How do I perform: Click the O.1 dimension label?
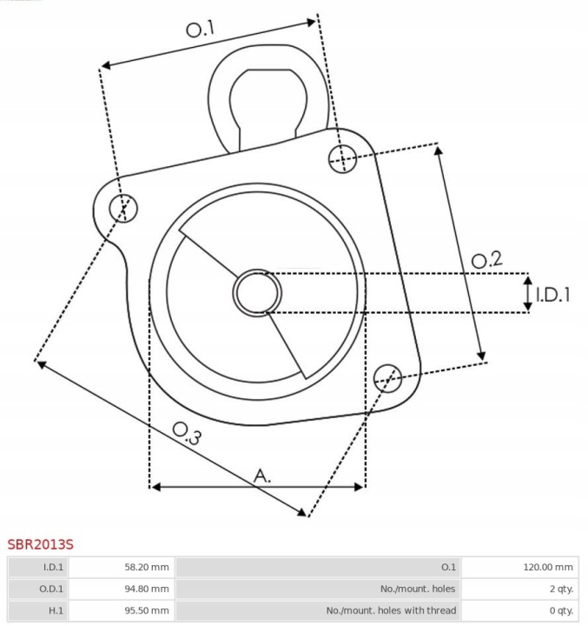coord(201,30)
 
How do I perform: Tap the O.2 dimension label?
coord(486,259)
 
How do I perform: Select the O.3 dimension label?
coord(187,433)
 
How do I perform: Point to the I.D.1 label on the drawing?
coord(552,295)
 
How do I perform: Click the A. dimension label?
coord(262,476)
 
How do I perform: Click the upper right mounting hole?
coord(343,159)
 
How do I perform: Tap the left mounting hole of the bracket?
coord(123,209)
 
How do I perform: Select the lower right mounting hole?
coord(387,378)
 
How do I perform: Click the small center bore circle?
coord(257,293)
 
